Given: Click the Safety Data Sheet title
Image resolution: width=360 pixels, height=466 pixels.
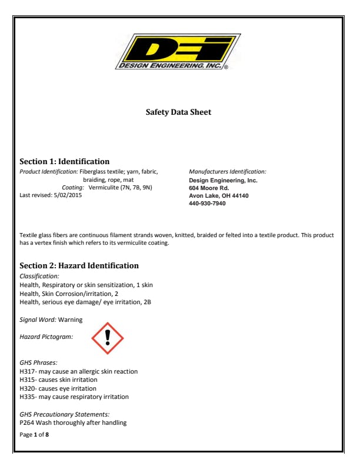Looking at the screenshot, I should coord(178,112).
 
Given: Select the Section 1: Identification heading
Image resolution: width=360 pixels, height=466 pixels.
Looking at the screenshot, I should coord(65,161).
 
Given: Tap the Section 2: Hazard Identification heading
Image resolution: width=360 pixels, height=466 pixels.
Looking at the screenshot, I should coord(79,265).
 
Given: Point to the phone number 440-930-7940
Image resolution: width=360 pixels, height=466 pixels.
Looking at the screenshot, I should coord(207,203).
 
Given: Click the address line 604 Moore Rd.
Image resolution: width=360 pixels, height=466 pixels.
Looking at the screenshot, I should coord(209,188).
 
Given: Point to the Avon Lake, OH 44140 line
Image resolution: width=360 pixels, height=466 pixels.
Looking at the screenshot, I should coord(218,195).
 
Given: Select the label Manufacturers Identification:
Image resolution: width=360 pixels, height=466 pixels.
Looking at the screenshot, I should coord(228,171).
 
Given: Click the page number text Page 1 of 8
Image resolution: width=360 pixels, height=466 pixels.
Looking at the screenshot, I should coord(35,435).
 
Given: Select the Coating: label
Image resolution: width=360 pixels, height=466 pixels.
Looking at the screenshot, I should coord(73,187).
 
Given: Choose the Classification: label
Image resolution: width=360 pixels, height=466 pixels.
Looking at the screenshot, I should coord(39,275).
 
